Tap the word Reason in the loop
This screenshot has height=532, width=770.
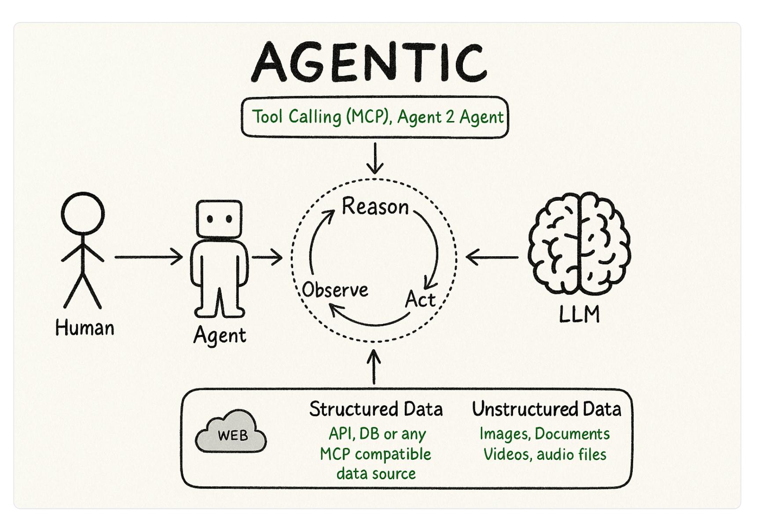(375, 206)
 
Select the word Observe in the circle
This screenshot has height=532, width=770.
(335, 290)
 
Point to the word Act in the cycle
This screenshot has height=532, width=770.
(420, 299)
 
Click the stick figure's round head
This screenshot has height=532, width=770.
(83, 214)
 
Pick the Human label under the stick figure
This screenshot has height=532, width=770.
(84, 328)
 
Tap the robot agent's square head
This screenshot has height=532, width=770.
(219, 219)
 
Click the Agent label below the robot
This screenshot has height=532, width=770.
(220, 336)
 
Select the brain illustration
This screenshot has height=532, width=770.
(579, 244)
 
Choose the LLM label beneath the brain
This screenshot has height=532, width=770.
(579, 314)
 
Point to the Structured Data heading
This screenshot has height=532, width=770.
(376, 409)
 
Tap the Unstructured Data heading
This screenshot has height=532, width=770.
(546, 409)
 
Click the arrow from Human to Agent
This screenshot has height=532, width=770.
(149, 257)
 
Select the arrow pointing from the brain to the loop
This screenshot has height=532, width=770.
(492, 257)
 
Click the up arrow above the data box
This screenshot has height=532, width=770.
(374, 366)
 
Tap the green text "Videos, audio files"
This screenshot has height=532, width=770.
(545, 454)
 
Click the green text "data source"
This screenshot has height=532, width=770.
(376, 474)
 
